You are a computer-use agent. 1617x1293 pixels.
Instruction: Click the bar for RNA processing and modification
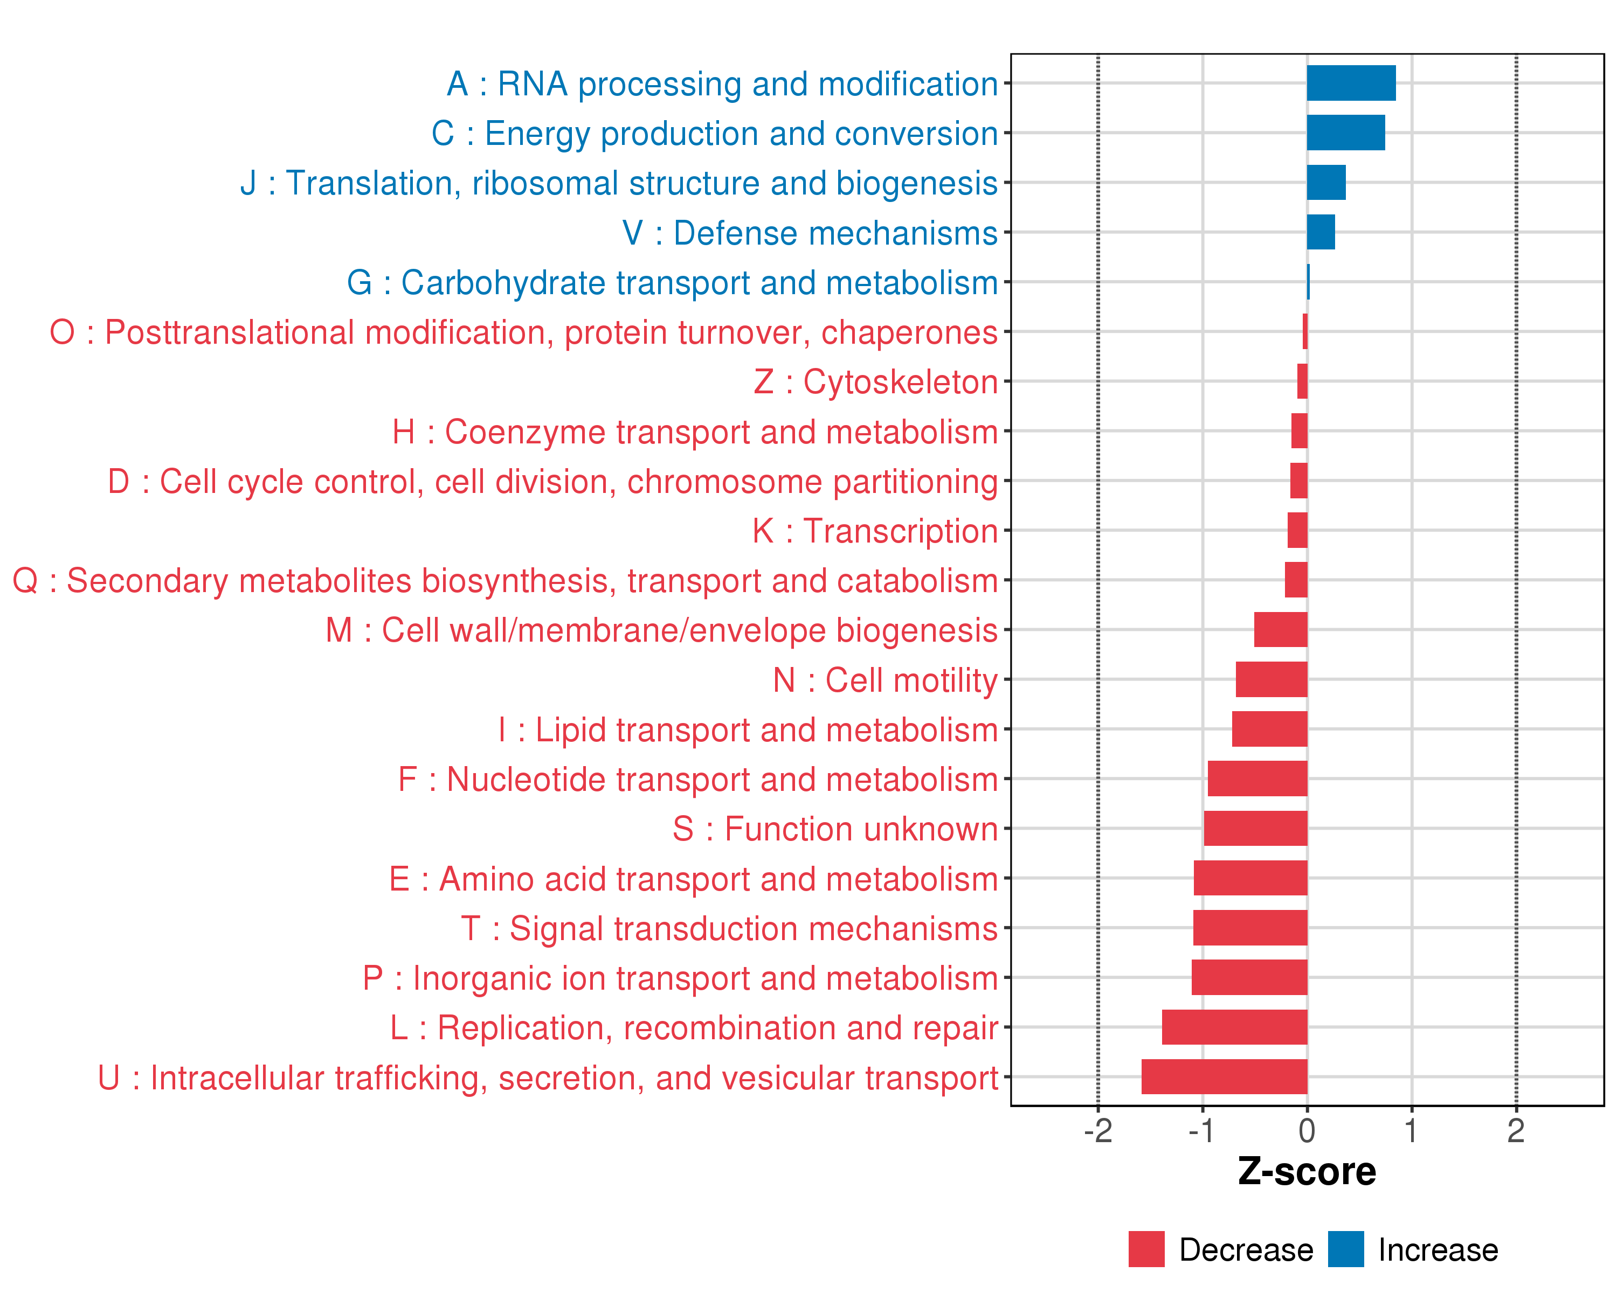tap(1351, 83)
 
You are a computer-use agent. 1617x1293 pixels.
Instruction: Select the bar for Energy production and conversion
tap(1345, 133)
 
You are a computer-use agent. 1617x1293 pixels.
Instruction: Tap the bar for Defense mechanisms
tap(1321, 232)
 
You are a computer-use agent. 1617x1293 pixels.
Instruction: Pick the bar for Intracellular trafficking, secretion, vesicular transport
tap(1224, 1076)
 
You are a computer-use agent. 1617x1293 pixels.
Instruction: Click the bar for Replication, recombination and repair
tap(1234, 1027)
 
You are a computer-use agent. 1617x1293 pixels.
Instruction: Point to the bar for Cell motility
tap(1272, 679)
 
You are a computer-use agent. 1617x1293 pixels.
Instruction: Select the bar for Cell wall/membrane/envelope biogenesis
tap(1280, 630)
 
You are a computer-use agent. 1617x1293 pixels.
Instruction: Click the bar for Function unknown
tap(1255, 828)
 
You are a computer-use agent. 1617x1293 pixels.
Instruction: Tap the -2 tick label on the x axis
tap(1098, 1131)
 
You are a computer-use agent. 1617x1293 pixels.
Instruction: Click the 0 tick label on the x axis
tap(1307, 1131)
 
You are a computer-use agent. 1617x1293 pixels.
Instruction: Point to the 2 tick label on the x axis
tap(1516, 1131)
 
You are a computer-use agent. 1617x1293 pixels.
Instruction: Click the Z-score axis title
tap(1307, 1172)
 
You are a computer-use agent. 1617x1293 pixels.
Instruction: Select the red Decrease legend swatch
tap(1146, 1249)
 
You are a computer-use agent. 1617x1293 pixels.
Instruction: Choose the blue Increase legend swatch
tap(1345, 1249)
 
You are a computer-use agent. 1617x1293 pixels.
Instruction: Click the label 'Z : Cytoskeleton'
tap(875, 381)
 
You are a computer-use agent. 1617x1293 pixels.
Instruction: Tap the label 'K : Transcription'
tap(875, 531)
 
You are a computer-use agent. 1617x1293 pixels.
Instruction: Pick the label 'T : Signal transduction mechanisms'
tap(729, 929)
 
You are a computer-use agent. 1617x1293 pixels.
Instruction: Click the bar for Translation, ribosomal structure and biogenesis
tap(1326, 183)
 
